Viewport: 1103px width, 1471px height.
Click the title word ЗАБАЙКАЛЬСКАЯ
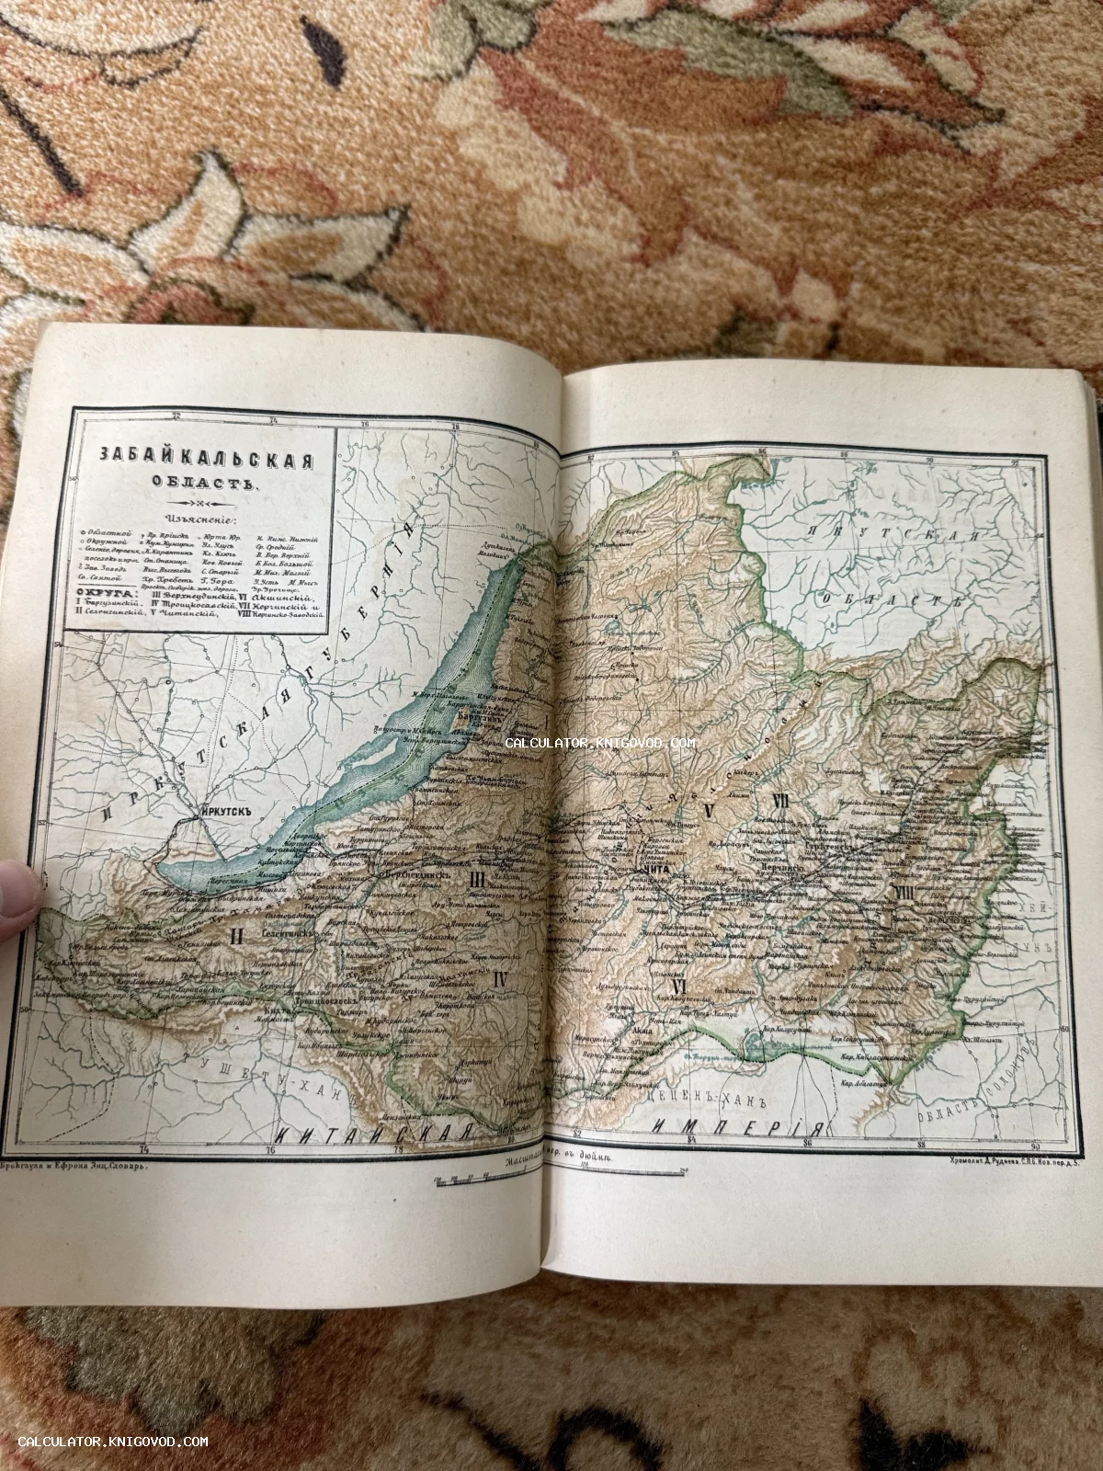coord(206,459)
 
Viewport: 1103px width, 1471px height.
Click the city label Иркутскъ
coord(224,812)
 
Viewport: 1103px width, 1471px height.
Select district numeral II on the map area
coord(236,938)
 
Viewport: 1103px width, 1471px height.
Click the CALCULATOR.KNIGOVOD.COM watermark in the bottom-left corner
coord(113,1442)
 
